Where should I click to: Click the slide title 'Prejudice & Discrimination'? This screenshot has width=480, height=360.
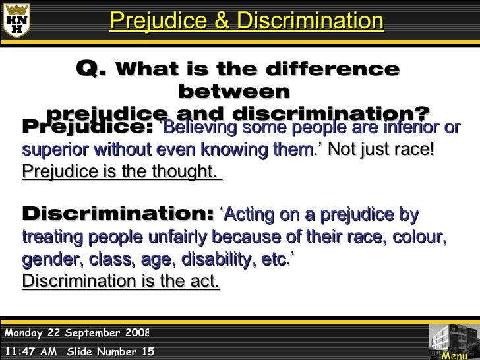click(247, 21)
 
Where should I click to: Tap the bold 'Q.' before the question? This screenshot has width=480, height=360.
click(92, 69)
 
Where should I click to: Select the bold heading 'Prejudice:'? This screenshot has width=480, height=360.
click(88, 127)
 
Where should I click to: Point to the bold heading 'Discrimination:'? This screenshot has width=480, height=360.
click(117, 214)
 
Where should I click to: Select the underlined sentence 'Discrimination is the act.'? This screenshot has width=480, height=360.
click(121, 281)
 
